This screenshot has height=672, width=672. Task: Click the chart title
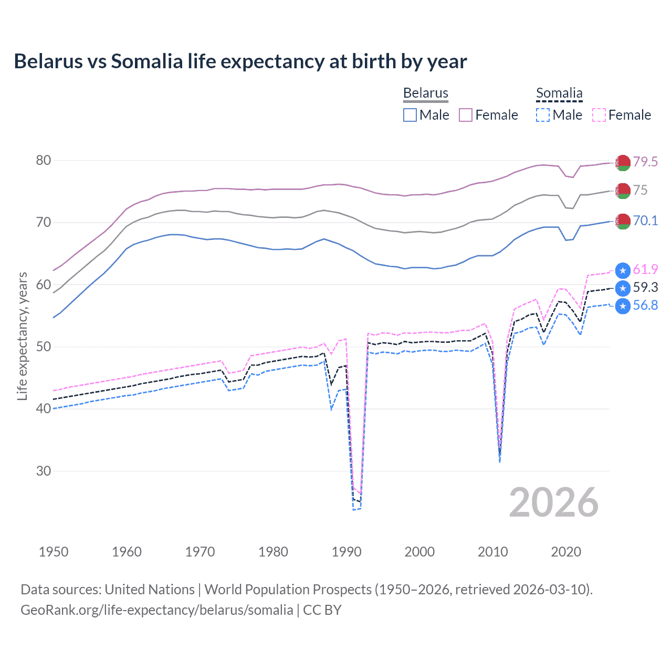tap(240, 61)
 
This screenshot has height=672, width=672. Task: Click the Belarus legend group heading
tap(425, 93)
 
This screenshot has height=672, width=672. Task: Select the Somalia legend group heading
tap(559, 93)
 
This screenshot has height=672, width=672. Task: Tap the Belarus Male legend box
tap(410, 115)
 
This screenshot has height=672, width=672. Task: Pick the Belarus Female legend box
tap(466, 115)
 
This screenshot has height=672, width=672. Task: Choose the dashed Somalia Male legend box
tap(543, 115)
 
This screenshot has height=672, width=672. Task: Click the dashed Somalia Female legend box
tap(599, 115)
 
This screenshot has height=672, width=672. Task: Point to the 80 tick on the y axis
tap(44, 160)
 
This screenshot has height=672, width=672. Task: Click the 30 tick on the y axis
tap(44, 471)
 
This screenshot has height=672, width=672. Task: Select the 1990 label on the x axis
tap(346, 552)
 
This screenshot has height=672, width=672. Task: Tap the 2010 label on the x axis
tap(492, 552)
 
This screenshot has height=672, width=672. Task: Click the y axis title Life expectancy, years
tap(22, 336)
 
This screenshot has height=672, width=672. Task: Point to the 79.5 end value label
tap(645, 162)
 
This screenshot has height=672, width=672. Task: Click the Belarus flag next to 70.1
tap(623, 222)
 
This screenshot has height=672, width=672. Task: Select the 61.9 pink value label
tap(645, 270)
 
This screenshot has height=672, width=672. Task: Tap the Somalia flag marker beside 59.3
tap(623, 288)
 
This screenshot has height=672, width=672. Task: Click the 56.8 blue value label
tap(645, 306)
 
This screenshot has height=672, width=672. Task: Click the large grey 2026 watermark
tap(554, 502)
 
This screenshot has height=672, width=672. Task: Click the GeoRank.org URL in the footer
tap(156, 610)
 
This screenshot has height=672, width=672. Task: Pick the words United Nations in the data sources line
tap(150, 590)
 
